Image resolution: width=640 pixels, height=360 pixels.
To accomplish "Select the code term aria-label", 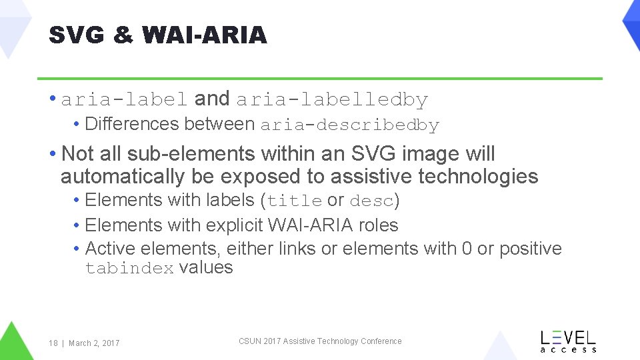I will point(124,100).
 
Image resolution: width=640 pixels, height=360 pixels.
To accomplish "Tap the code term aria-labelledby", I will point(332,100).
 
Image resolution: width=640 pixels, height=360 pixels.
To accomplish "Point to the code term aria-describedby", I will point(349,125).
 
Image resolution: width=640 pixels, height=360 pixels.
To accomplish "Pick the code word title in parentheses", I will point(295,201).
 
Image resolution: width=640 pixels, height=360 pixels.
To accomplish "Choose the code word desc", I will point(371,201).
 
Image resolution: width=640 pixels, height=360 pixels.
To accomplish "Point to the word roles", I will point(378,225).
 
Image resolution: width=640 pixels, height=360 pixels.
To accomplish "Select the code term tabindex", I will point(129,269).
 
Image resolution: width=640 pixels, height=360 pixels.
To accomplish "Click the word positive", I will point(531,249).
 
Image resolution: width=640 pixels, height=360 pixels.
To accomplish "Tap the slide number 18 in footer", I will point(53,343).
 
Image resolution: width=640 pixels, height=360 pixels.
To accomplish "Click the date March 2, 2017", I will point(94,343).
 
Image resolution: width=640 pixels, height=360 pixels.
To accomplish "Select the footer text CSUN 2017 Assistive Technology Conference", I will point(320,341).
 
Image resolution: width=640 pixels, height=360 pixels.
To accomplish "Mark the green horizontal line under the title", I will point(320,79).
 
